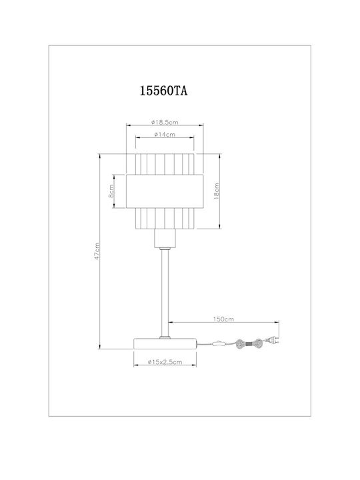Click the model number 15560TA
pyautogui.click(x=163, y=91)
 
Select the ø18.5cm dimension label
pyautogui.click(x=165, y=123)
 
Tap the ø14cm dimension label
pyautogui.click(x=165, y=135)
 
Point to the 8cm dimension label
pyautogui.click(x=111, y=191)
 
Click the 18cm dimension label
pyautogui.click(x=216, y=191)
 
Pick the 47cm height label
pyautogui.click(x=97, y=251)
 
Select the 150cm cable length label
pyautogui.click(x=223, y=319)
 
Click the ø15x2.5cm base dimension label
pyautogui.click(x=165, y=362)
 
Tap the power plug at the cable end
pyautogui.click(x=273, y=340)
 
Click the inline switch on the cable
pyautogui.click(x=219, y=343)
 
